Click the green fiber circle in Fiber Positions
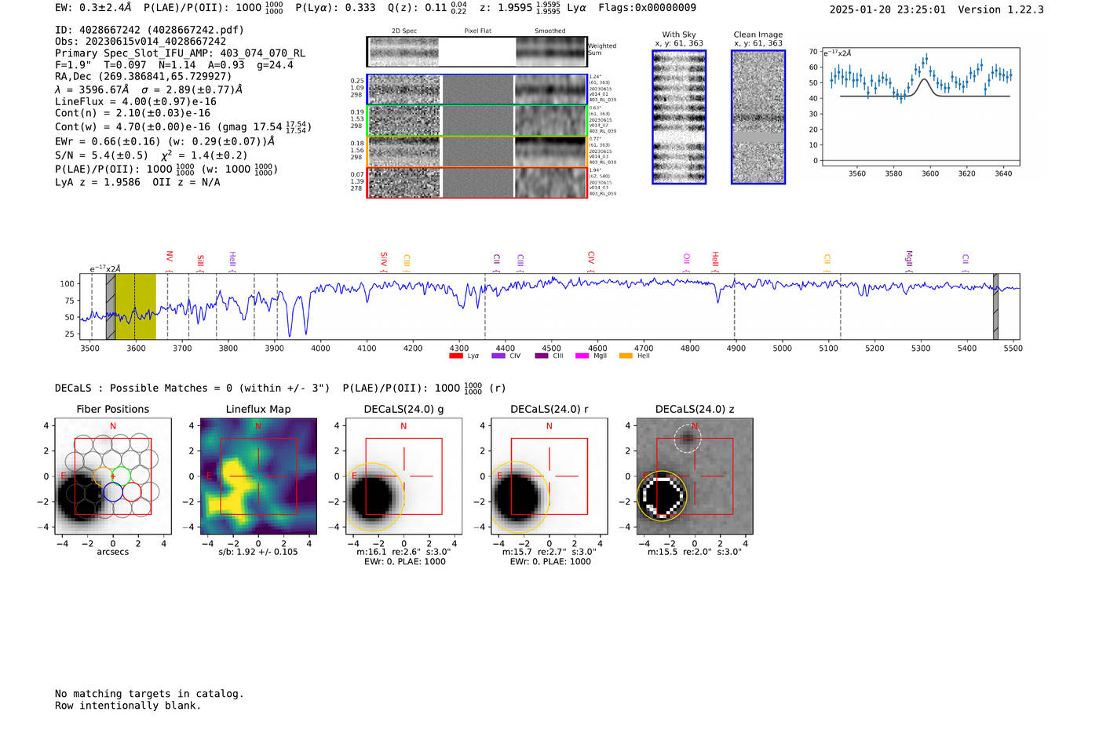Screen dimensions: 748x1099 tap(121, 475)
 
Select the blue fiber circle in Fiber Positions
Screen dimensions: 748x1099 tap(113, 492)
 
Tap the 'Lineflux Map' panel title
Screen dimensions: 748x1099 tap(257, 409)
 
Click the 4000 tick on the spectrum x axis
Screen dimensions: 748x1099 tap(320, 348)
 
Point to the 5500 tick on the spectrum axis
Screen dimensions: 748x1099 tap(1013, 348)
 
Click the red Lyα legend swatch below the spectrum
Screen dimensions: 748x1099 tap(456, 356)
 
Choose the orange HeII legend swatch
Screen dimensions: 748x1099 tap(626, 356)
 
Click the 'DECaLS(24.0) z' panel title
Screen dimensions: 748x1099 tap(695, 409)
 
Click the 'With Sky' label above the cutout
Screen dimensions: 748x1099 tap(679, 35)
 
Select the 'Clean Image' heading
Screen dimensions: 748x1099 tap(758, 35)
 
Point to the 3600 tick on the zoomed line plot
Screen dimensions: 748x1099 tap(930, 173)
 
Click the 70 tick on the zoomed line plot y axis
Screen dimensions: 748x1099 tap(813, 52)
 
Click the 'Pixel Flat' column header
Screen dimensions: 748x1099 tap(478, 31)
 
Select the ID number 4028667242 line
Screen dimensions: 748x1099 tap(149, 30)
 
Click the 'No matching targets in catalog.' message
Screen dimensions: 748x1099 tap(149, 693)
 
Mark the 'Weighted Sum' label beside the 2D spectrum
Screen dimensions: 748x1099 tap(602, 49)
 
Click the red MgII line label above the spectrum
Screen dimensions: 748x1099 tap(909, 258)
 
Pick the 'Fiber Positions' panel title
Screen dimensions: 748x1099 tap(112, 409)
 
